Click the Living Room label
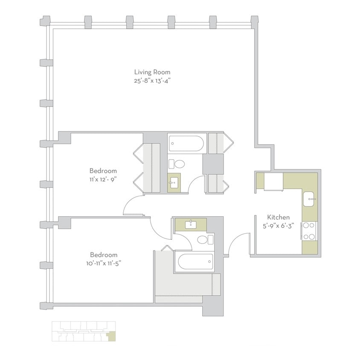152,72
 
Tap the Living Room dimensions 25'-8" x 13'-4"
152,81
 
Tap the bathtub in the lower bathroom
195,261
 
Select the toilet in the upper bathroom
176,164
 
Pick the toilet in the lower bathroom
205,239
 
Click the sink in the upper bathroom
174,184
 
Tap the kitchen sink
309,198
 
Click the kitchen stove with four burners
309,231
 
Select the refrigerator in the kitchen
273,181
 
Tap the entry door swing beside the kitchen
239,243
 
